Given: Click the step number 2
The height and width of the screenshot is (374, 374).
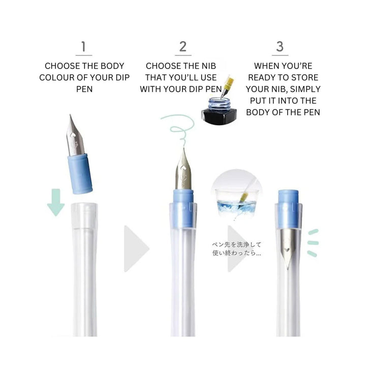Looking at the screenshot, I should click(183, 47).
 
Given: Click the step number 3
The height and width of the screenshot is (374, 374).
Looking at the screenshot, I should click(279, 47).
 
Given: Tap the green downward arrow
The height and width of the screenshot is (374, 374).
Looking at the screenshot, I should click(55, 202).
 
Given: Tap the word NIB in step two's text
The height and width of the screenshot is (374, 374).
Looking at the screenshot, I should click(209, 66).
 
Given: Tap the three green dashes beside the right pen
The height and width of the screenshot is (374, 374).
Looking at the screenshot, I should click(313, 242).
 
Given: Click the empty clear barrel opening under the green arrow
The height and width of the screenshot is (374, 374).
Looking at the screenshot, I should click(84, 213).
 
